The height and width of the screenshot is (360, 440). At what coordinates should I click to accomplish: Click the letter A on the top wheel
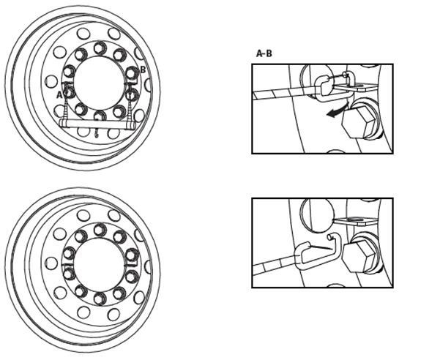pos(59,94)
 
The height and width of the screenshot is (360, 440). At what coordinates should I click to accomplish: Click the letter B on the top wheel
pos(143,70)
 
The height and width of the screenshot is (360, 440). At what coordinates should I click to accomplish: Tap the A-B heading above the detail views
pos(264,53)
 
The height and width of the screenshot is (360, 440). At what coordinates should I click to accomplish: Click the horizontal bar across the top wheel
pos(98,126)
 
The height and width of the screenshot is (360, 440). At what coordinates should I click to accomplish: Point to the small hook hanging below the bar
pos(98,135)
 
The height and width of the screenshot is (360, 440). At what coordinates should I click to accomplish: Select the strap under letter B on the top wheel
pos(132,106)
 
